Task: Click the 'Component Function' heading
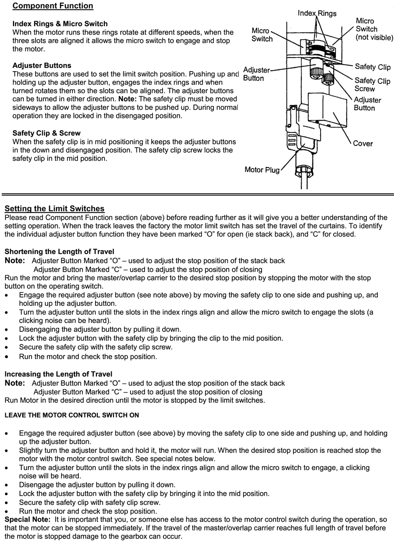pos(53,6)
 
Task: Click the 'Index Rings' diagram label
pos(317,13)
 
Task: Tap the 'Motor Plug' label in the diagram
pos(262,169)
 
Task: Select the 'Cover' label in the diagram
pos(363,143)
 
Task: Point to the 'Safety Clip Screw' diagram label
pos(372,84)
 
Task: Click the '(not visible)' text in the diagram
pos(374,37)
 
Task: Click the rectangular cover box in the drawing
pos(327,108)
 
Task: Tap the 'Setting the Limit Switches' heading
pos(54,208)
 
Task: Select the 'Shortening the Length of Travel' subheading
pos(59,251)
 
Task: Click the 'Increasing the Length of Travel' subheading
pos(58,374)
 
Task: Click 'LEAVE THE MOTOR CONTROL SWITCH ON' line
pos(72,415)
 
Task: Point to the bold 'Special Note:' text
pos(27,519)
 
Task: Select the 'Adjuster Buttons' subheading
pos(42,65)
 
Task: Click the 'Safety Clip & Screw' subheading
pos(46,133)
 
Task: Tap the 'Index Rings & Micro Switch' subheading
pos(60,24)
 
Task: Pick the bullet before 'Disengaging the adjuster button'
pos(7,329)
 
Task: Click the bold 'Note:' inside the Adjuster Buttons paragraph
pos(127,99)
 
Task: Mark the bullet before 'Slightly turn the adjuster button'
pos(7,451)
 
